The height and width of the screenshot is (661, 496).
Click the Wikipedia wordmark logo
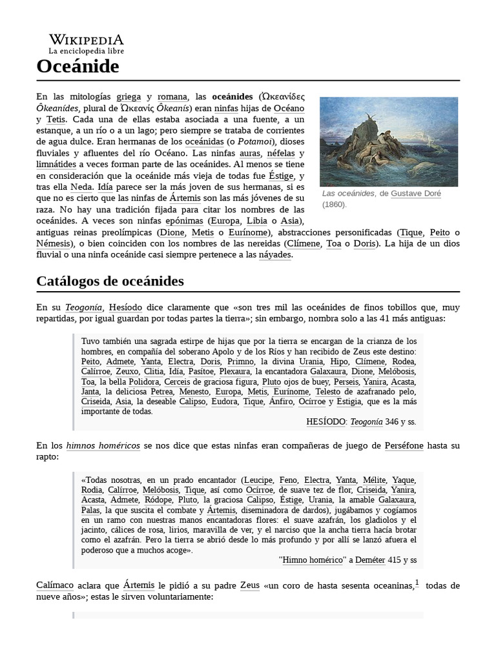coord(86,39)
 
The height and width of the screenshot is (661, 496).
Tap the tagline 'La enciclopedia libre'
coord(86,50)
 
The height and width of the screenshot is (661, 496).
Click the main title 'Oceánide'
coord(77,66)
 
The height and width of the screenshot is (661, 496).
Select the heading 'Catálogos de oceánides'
coord(110,281)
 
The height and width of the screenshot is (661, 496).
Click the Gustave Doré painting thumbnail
coord(389,141)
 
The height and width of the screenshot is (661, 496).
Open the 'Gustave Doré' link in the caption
coord(416,193)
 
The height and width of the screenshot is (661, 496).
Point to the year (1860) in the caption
coord(335,204)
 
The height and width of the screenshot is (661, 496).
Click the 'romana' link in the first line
coord(172,96)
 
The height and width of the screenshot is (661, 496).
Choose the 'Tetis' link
coord(56,119)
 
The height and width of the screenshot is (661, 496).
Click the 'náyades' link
coord(275,255)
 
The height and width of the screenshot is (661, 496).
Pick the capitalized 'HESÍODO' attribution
coord(326,422)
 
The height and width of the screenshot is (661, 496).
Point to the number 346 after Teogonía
coord(392,422)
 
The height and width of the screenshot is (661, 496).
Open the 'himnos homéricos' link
coord(103,445)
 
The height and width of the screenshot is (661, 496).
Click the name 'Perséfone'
coord(404,445)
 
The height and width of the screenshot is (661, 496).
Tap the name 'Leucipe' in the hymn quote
coord(260,480)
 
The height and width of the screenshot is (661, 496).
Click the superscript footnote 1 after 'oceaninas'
coord(417,583)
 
